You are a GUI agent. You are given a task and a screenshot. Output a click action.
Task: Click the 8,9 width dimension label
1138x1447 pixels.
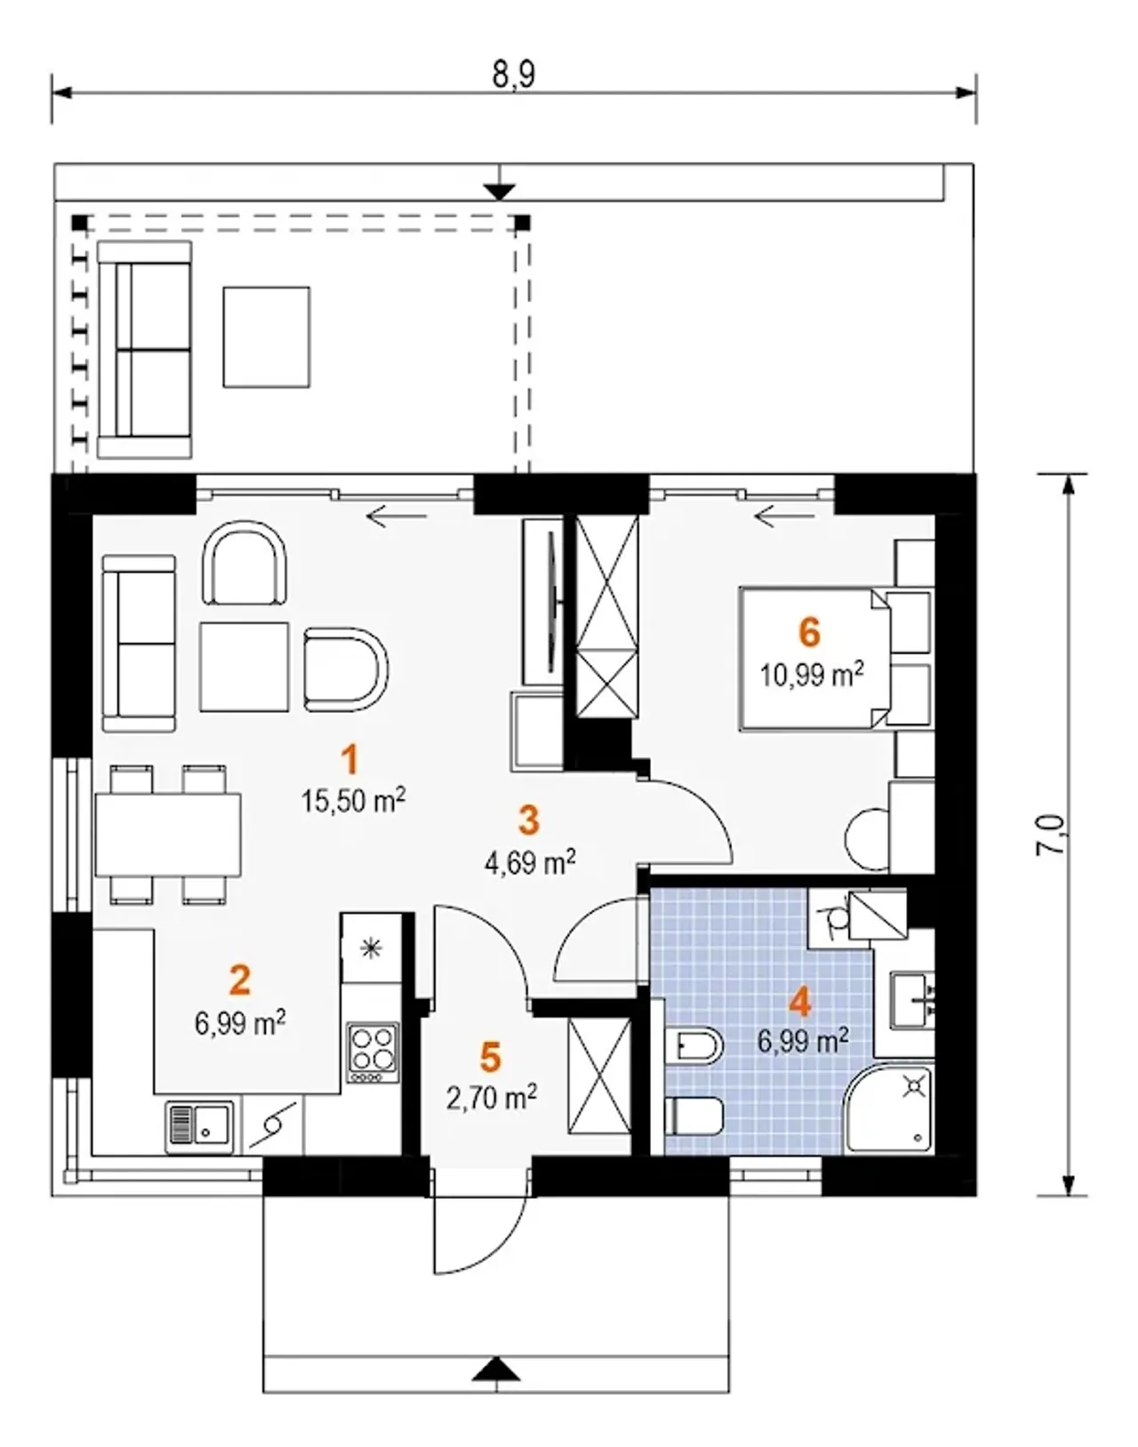coord(514,73)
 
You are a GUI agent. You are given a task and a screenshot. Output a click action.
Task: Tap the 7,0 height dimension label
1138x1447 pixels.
coord(1052,835)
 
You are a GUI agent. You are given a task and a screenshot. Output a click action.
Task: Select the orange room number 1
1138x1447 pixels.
coord(349,760)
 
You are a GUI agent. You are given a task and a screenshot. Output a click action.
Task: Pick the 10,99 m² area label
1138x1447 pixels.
coord(812,674)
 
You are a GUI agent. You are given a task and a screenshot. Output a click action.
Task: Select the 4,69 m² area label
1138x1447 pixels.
coord(529,863)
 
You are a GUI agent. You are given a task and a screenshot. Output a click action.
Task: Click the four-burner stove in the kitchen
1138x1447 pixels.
coord(373,1052)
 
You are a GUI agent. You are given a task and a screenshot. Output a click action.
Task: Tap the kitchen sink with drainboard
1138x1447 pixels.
coord(199,1127)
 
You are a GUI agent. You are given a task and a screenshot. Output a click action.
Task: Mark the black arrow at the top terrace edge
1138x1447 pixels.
coord(499,192)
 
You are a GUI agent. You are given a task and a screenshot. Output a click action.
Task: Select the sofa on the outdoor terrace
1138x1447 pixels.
coord(145,349)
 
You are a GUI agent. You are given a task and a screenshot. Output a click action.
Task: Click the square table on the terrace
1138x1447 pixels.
coord(267,337)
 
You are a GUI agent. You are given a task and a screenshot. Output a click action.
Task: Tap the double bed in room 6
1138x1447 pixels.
coord(813,659)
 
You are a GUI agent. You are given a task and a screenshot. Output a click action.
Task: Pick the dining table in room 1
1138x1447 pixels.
coord(168,834)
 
